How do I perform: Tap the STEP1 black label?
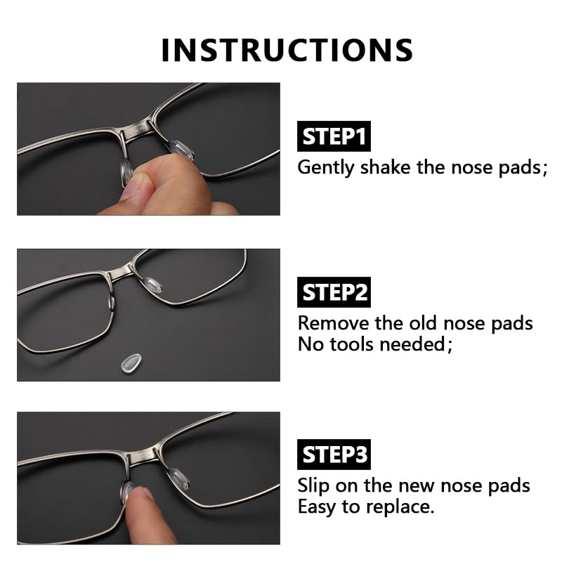click(334, 136)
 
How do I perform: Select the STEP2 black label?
click(335, 292)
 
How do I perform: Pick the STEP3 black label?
click(335, 455)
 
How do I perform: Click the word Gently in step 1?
click(326, 168)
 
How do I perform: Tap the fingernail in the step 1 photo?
click(133, 186)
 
